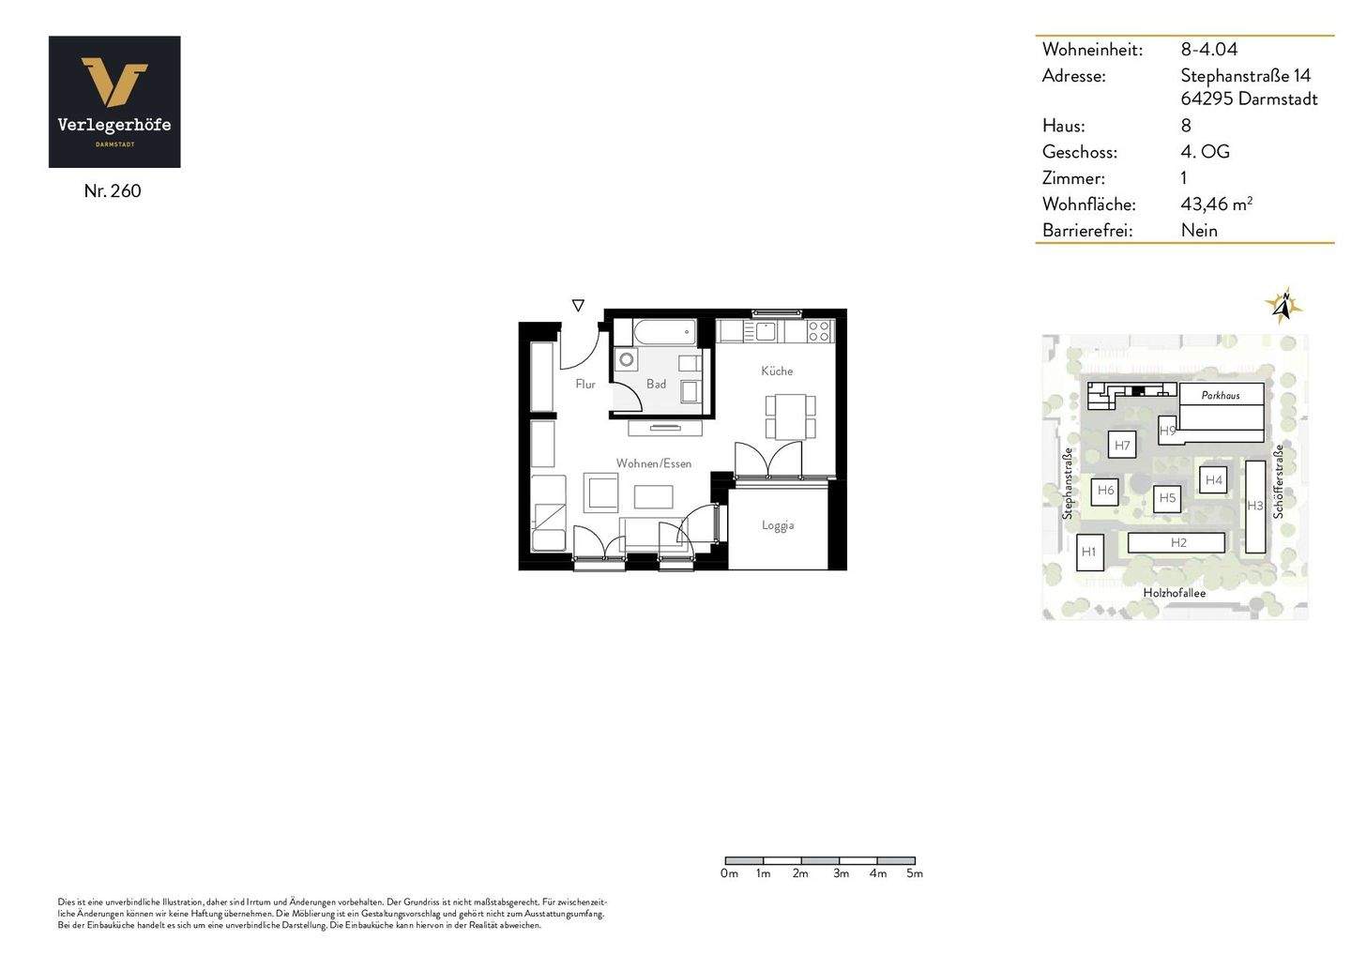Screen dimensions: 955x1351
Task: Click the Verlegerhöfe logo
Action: (114, 101)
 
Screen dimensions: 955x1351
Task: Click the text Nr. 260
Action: (113, 191)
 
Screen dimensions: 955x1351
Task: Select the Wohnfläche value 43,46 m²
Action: (1216, 204)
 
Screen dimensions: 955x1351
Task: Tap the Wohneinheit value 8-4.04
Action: (1208, 50)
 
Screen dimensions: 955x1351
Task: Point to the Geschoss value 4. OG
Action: (1205, 152)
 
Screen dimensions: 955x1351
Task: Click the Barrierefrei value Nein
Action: (1199, 230)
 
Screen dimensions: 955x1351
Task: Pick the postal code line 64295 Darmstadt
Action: (1249, 99)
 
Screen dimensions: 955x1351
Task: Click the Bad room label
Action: (656, 384)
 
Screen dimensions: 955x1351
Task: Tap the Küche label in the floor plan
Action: (777, 371)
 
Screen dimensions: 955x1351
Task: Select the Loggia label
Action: (778, 525)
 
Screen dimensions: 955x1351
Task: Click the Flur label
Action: (585, 384)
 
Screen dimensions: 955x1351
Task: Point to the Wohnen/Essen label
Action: (654, 463)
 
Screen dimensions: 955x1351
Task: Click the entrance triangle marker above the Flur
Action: (578, 306)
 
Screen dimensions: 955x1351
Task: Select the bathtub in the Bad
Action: (664, 332)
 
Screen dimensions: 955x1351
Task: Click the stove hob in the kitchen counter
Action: (819, 330)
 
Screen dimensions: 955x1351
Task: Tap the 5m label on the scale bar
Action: (915, 873)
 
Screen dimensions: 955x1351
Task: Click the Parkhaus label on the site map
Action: (1221, 395)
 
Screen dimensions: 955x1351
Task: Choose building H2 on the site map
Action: (1177, 542)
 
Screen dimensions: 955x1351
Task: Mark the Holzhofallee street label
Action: (1174, 593)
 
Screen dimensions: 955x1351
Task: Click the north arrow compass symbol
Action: (1283, 305)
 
